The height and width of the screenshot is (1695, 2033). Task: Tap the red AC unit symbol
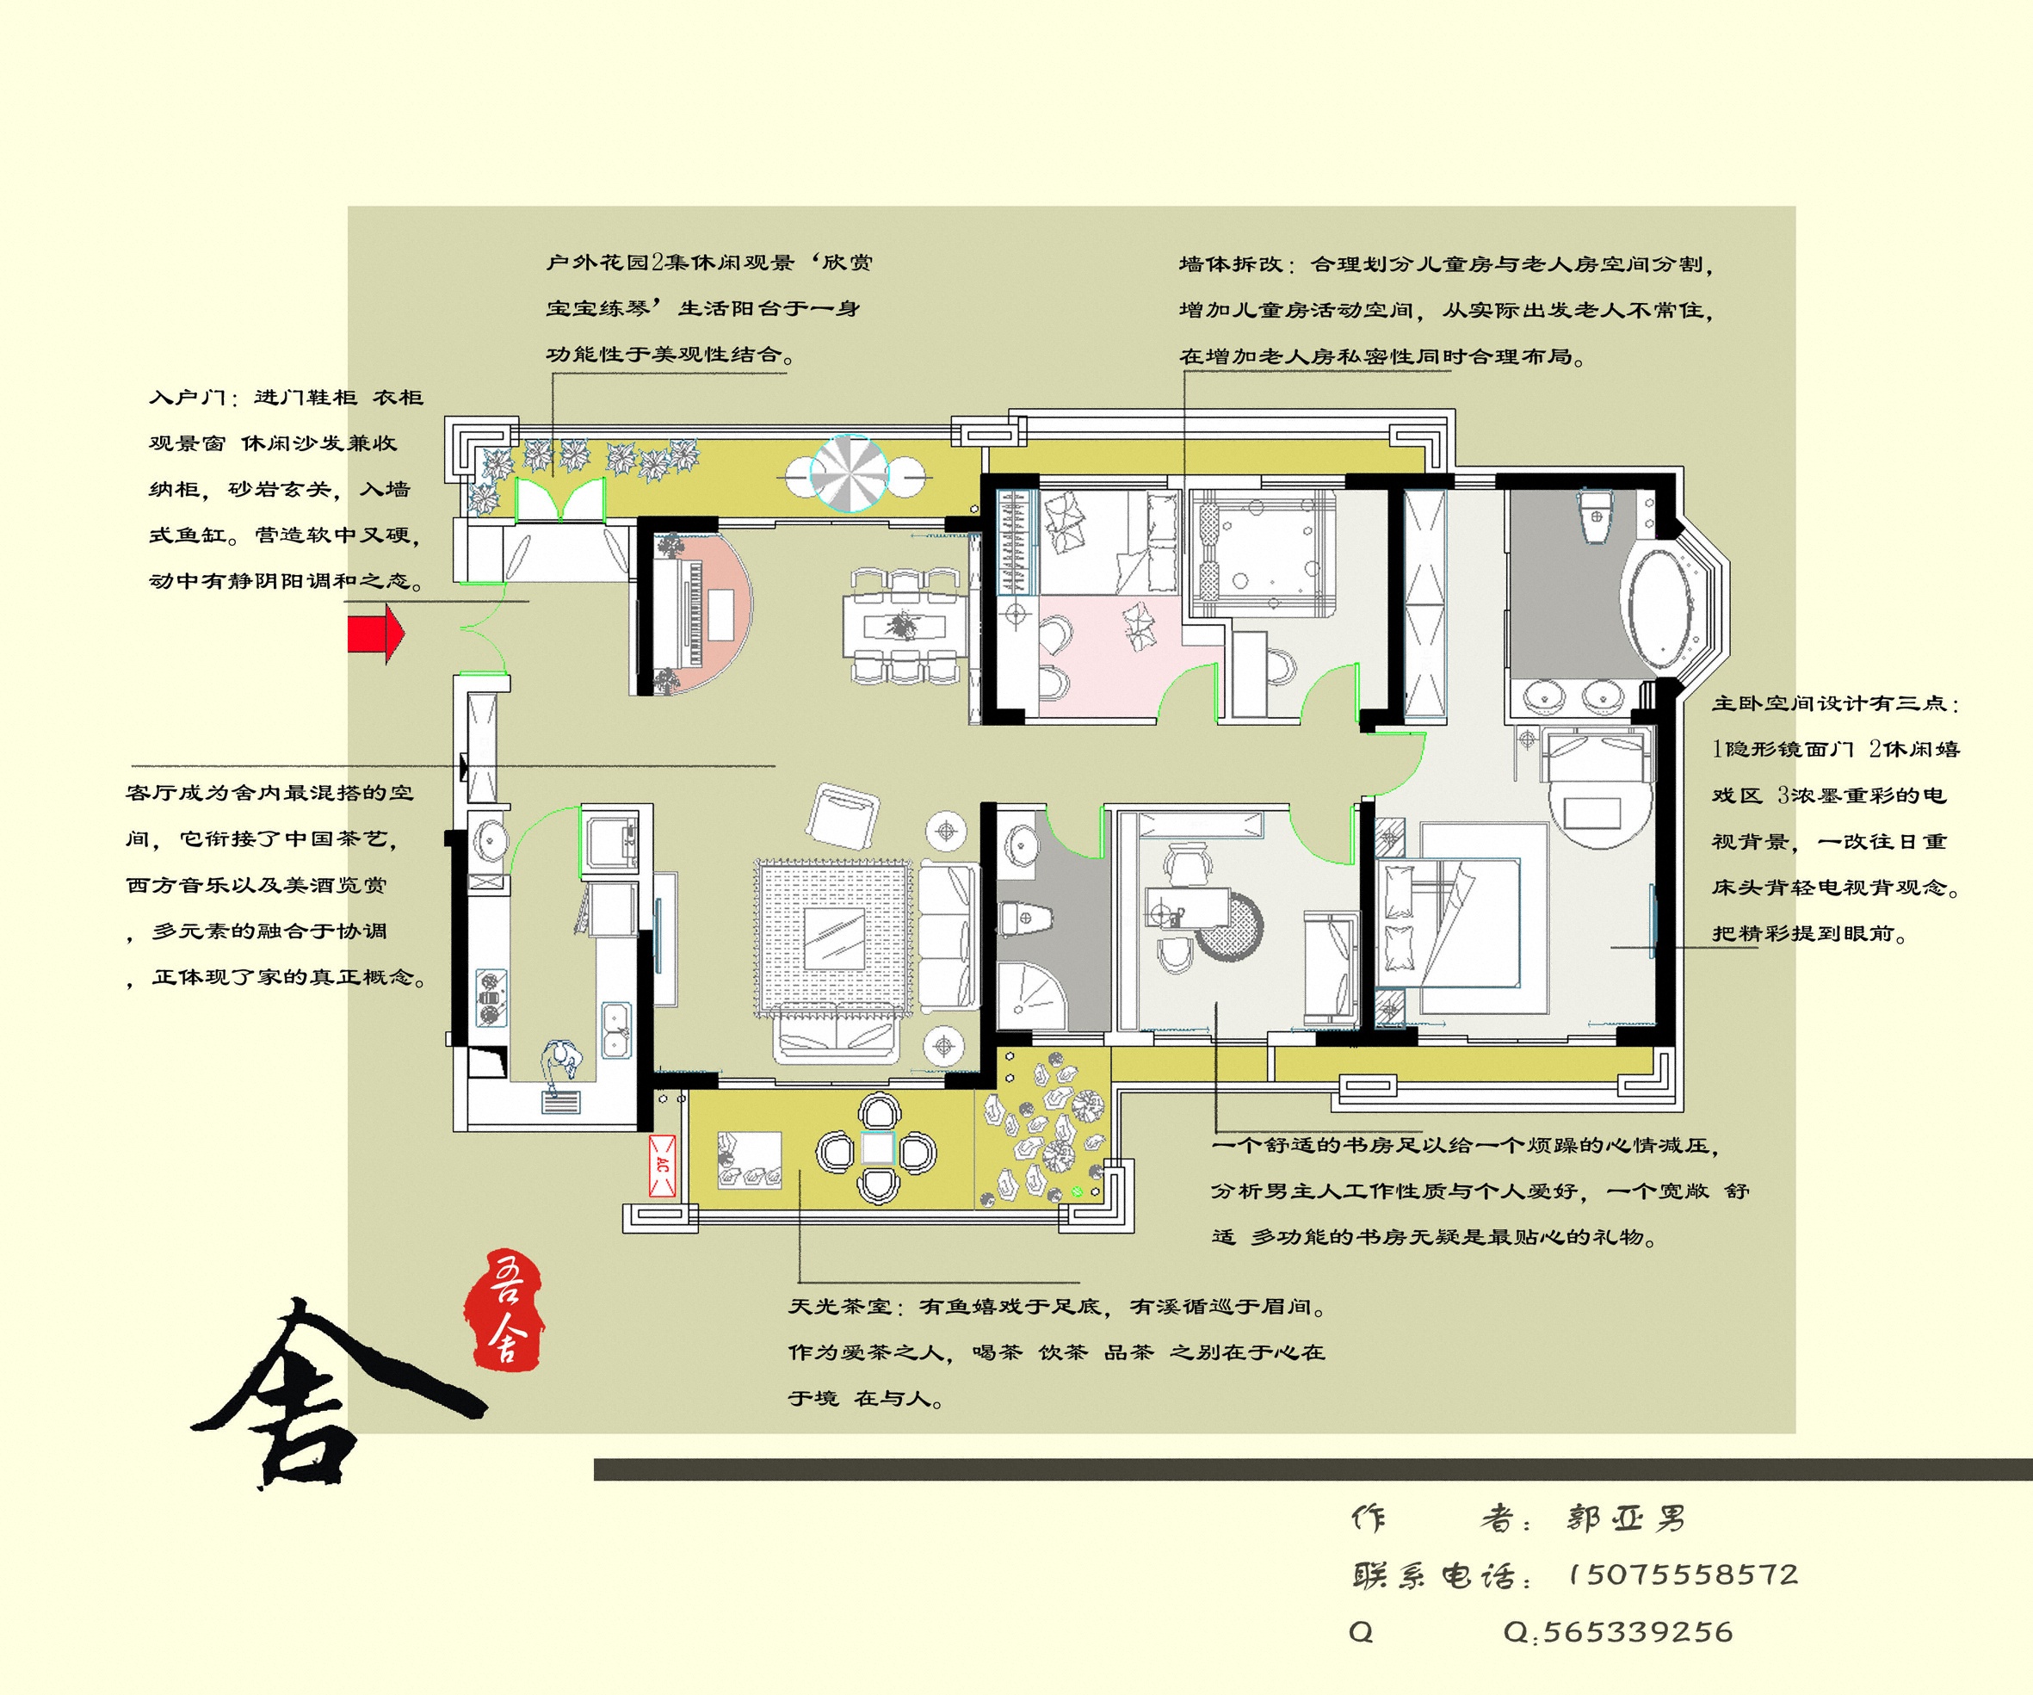(662, 1166)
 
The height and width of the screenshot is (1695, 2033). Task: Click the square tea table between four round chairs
(877, 1149)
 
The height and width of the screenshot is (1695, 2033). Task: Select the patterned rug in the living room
(833, 937)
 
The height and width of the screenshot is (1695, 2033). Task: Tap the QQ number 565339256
(1637, 1632)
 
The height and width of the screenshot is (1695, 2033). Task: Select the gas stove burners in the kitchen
(490, 998)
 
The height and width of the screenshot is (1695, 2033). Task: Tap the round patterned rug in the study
(1228, 927)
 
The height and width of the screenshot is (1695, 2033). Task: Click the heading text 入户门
(188, 398)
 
